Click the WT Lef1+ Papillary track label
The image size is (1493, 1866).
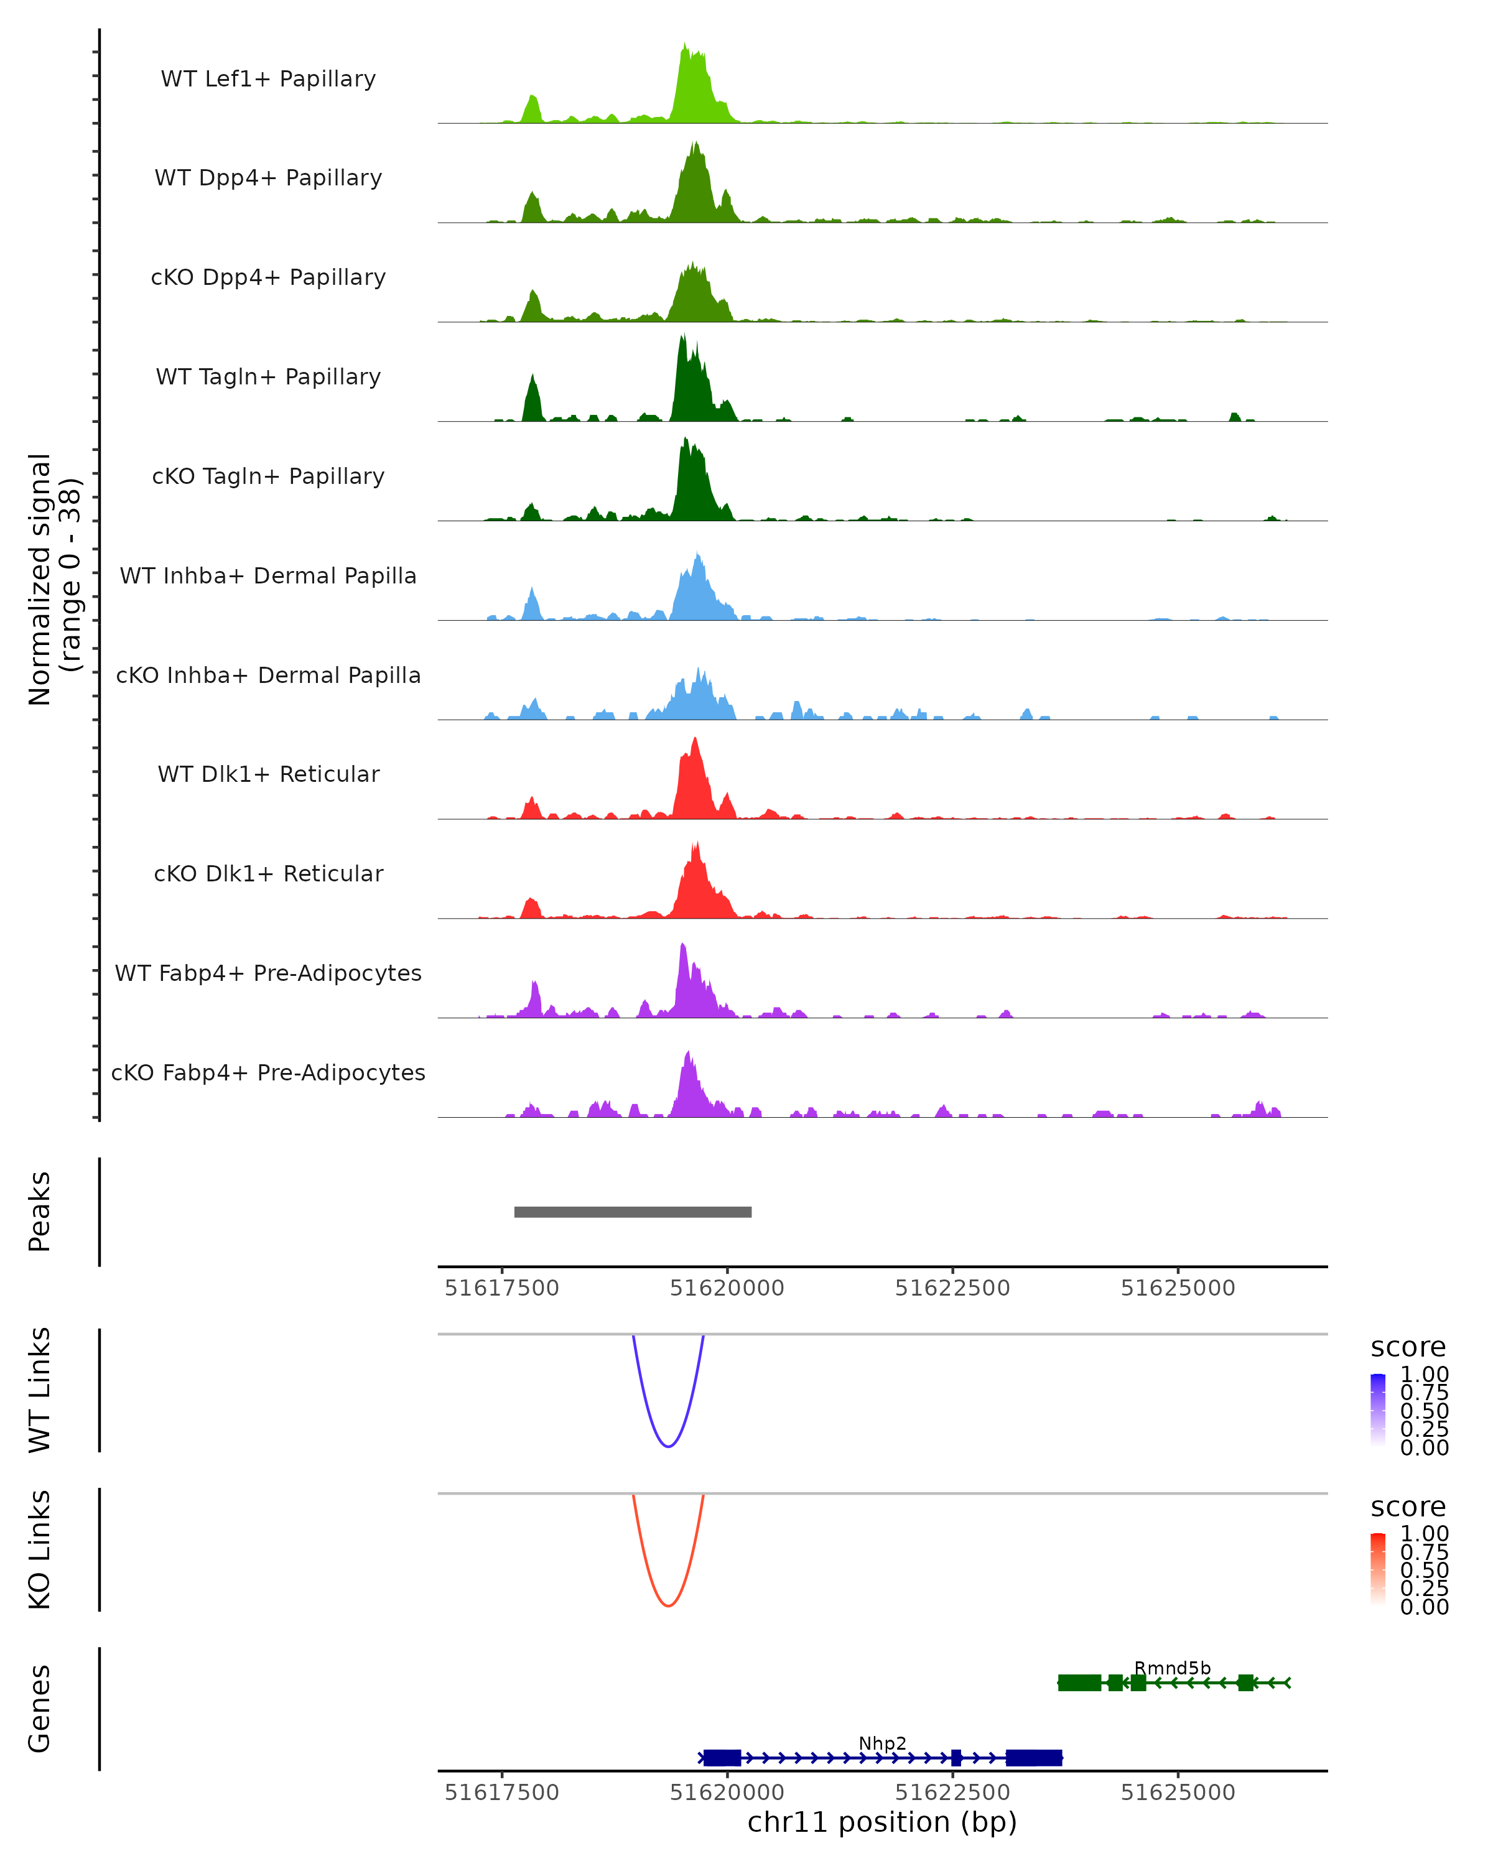(x=268, y=79)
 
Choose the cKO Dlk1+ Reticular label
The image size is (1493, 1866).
(x=268, y=873)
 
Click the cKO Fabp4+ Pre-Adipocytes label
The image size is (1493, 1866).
(x=268, y=1072)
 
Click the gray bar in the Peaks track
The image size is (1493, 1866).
(x=633, y=1212)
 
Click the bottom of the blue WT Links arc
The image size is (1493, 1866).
(x=668, y=1446)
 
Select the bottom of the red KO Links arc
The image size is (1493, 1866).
(x=668, y=1605)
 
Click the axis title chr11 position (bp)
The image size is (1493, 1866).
(x=882, y=1822)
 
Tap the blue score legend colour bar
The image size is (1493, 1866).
(x=1378, y=1410)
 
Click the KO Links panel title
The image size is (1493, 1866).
(x=40, y=1549)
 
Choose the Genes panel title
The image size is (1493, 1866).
(x=40, y=1709)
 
